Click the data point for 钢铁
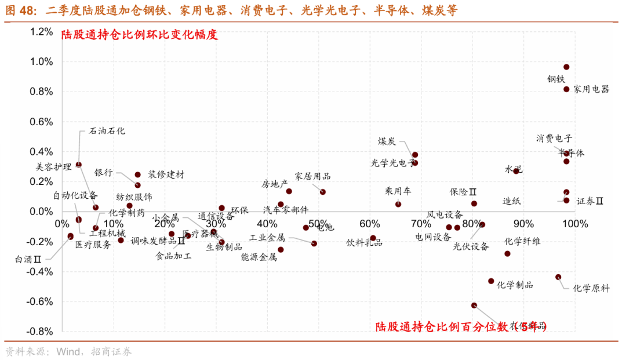[x=566, y=67]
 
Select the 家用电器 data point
[x=566, y=89]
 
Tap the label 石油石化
[x=107, y=131]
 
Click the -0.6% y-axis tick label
[x=40, y=301]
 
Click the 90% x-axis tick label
[x=524, y=224]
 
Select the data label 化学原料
[x=591, y=288]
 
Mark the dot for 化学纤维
[x=507, y=254]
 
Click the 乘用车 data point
[x=398, y=204]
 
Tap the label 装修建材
[x=166, y=174]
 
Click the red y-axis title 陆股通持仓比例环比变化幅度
[x=140, y=34]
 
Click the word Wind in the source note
[x=68, y=351]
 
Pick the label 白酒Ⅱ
[x=28, y=260]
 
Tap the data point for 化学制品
[x=491, y=281]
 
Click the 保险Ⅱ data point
[x=474, y=203]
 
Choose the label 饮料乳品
[x=364, y=243]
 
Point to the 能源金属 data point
[x=281, y=250]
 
